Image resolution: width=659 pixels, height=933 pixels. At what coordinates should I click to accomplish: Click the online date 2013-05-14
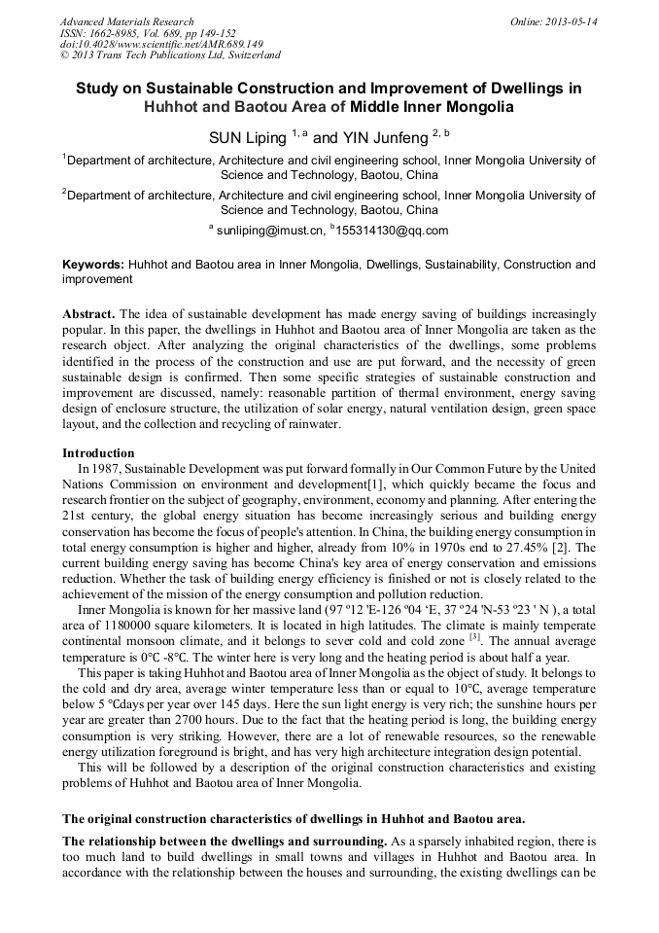tap(568, 21)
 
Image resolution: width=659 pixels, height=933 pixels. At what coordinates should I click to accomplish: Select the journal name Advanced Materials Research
tap(126, 21)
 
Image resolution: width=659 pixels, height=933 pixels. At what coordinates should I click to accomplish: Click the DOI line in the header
tap(161, 44)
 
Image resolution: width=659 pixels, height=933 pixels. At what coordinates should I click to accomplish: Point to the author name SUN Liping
tap(249, 138)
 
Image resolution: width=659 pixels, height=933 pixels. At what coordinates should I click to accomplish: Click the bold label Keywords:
tap(93, 264)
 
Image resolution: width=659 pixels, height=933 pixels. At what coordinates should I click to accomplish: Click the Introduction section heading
tap(98, 452)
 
